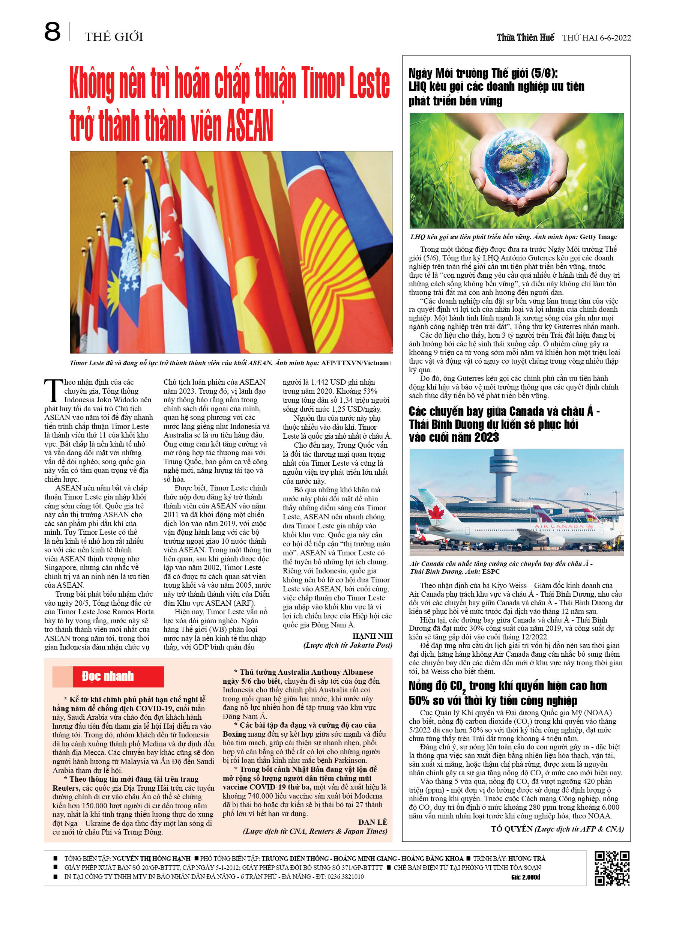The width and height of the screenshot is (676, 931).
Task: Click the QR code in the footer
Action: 612,868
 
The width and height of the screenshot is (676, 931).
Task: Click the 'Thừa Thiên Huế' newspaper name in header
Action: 525,38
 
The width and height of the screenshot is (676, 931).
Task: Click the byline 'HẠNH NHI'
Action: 372,636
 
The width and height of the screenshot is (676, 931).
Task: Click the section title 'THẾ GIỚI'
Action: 114,37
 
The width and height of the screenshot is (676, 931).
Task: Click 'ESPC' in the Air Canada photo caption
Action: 491,572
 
